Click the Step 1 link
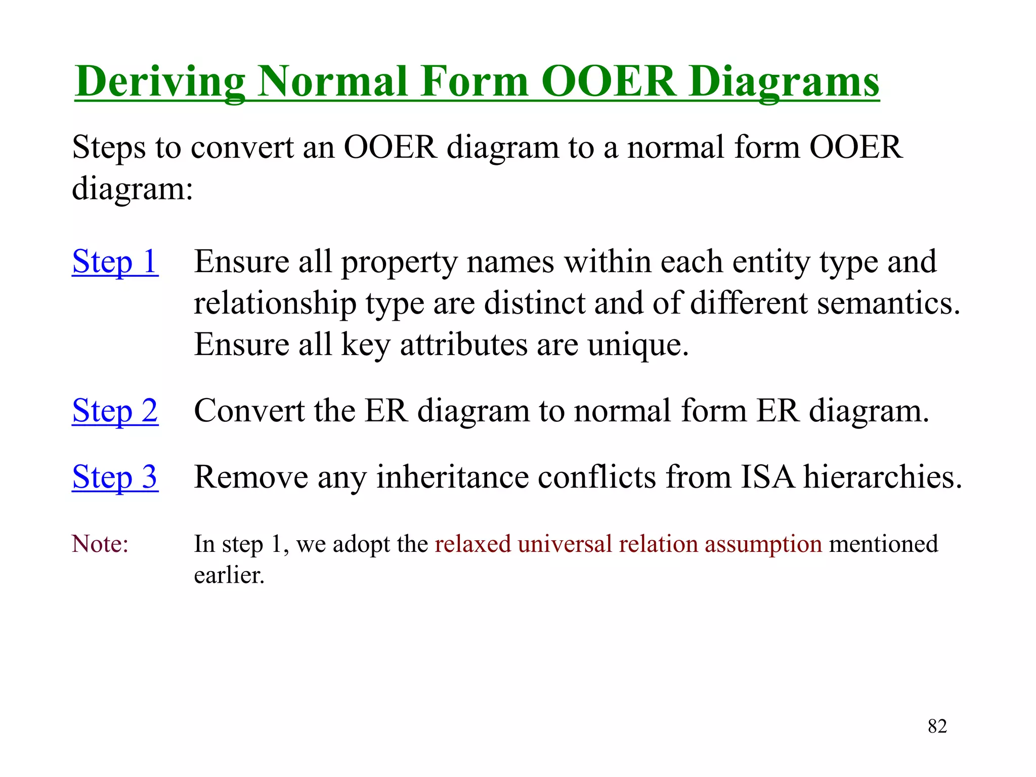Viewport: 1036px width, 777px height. (115, 262)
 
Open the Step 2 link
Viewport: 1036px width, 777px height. (115, 410)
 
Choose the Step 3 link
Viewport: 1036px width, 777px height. (115, 477)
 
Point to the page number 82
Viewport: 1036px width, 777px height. (937, 726)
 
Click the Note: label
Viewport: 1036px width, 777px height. (100, 544)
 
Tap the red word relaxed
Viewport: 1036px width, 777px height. (472, 544)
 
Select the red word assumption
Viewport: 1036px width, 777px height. (763, 544)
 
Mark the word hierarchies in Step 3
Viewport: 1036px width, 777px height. (882, 477)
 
